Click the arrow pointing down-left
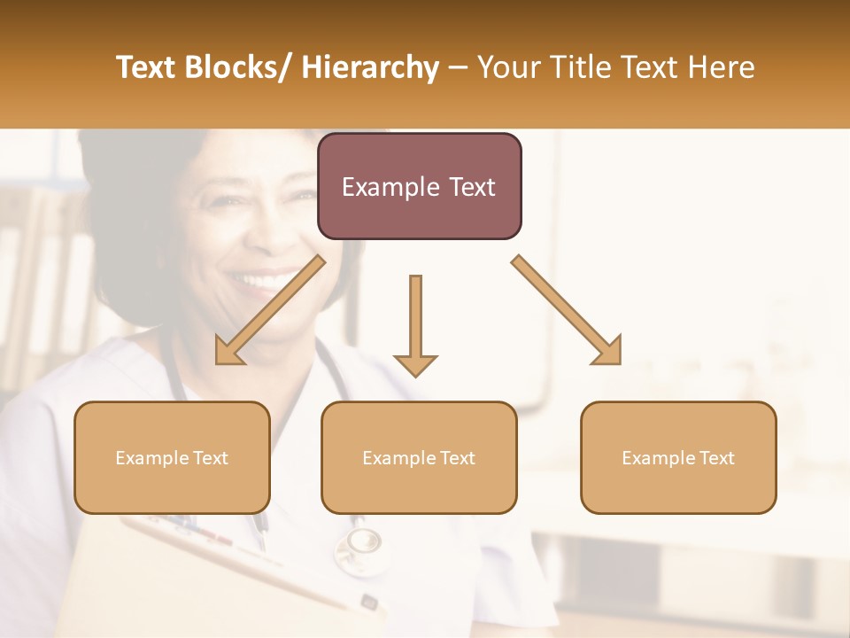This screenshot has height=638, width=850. pos(271,310)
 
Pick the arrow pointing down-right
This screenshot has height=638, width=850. pos(567,310)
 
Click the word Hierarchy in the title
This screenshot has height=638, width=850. pos(370,67)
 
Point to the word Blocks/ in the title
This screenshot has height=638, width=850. pos(238,67)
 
